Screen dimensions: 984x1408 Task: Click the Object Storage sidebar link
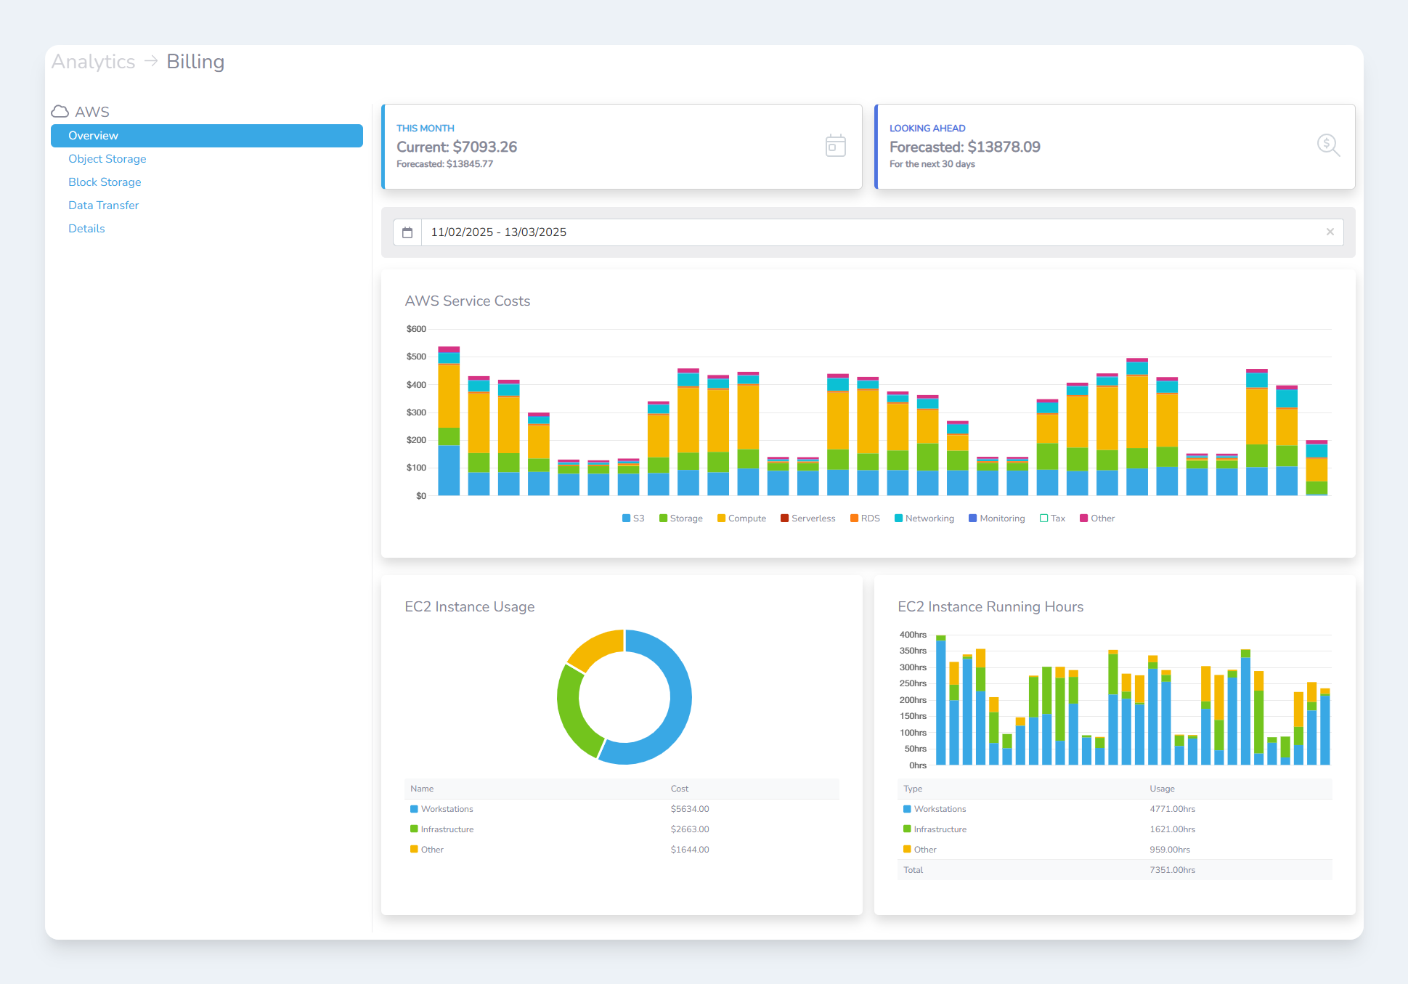[107, 159]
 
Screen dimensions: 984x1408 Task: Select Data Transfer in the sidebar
[103, 206]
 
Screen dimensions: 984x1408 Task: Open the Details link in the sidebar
[86, 229]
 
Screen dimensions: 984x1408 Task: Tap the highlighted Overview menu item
[206, 136]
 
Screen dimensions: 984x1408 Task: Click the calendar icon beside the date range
[407, 232]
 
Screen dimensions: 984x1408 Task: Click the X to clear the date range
[1330, 232]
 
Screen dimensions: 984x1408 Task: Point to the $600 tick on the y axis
[416, 329]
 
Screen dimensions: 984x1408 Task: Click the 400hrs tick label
[913, 635]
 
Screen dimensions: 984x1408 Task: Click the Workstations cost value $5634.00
[689, 809]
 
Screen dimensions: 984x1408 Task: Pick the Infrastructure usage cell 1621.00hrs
[1172, 829]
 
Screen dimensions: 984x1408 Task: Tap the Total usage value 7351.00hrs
[1172, 870]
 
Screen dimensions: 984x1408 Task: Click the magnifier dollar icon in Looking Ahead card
[1328, 145]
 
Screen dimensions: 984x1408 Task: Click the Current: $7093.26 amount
[457, 147]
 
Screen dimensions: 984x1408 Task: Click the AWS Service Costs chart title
[467, 301]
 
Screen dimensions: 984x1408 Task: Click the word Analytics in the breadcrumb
[93, 62]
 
